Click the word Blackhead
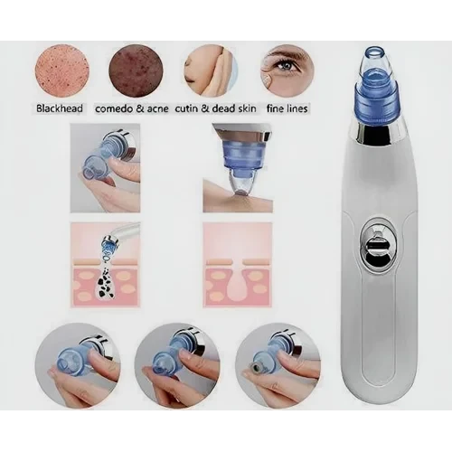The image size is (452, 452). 60,108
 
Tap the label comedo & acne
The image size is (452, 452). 132,108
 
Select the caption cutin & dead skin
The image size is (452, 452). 215,108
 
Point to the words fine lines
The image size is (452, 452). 287,108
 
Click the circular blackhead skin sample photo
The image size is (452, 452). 62,71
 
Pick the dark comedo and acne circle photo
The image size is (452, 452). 136,71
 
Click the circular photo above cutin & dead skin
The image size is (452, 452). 211,71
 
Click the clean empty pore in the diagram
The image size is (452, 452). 238,278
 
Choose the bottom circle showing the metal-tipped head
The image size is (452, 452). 278,365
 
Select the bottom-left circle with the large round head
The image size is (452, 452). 78,365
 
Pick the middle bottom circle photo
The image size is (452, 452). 177,365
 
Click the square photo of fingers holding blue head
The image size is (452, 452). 105,168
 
